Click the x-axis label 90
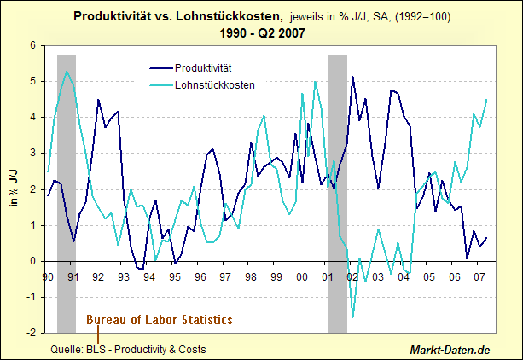click(48, 276)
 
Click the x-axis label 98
click(250, 276)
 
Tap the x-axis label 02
click(351, 276)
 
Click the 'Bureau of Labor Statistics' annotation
click(159, 320)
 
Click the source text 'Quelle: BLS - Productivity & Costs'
click(128, 350)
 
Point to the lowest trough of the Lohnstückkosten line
click(352, 317)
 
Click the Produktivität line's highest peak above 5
click(352, 77)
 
